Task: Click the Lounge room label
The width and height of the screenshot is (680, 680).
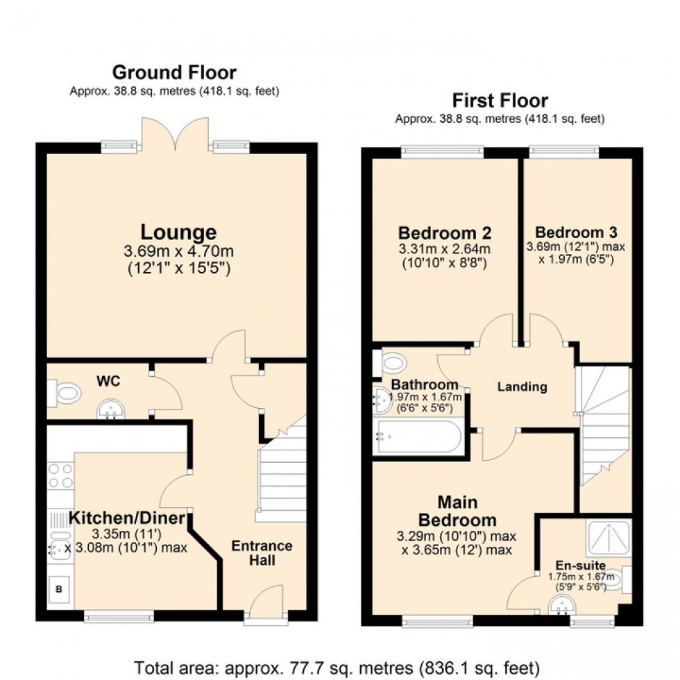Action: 178,232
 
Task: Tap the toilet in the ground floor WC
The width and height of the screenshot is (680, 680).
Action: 66,394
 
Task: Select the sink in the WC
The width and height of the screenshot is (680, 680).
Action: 110,410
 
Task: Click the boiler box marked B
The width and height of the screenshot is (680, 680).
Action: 59,590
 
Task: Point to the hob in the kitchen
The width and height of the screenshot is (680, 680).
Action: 60,475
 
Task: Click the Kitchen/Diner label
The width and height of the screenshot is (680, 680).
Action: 127,518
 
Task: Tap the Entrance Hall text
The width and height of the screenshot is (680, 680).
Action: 262,552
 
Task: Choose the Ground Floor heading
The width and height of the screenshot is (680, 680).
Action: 174,72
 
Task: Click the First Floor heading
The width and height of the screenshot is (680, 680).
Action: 500,101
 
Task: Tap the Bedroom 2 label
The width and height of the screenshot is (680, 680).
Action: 444,232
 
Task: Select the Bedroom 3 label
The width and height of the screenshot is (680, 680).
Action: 577,232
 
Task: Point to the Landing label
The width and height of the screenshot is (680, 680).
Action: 522,387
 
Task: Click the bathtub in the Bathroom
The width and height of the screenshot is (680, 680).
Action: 418,437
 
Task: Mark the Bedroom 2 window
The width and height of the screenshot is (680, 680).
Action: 442,149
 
